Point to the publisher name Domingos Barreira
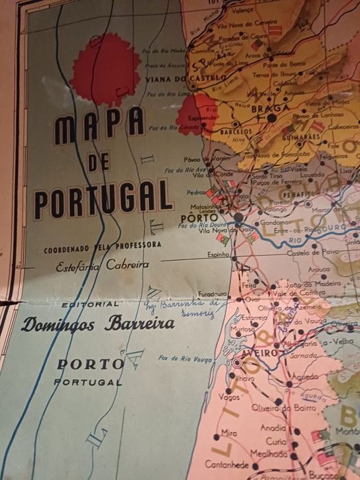click(x=97, y=324)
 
